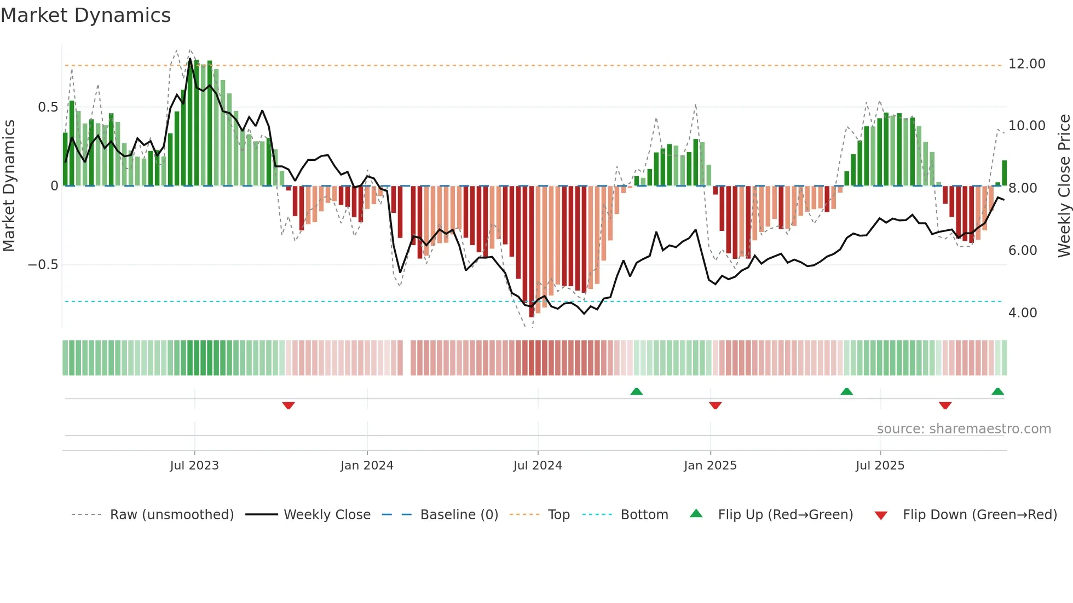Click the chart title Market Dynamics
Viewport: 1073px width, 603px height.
coord(86,15)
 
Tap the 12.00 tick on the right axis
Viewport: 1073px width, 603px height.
coord(1026,64)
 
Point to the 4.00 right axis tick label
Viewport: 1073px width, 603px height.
coord(1022,313)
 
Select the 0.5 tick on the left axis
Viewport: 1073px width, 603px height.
coord(48,107)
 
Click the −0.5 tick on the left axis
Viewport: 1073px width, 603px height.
coord(43,265)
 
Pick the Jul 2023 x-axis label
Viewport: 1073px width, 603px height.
coord(194,466)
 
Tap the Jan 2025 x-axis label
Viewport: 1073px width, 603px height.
coord(710,466)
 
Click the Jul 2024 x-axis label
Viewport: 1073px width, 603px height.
coord(537,466)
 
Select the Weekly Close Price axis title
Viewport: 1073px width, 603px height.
coord(1064,186)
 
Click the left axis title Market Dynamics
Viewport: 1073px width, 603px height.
coord(9,186)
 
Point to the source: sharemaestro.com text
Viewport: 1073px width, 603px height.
coord(964,429)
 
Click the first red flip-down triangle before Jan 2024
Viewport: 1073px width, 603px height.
coord(289,405)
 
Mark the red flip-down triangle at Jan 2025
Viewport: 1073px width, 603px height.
coord(715,405)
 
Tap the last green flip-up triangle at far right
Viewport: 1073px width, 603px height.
coord(997,391)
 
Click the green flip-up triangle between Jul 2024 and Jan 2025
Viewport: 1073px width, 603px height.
coord(636,391)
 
